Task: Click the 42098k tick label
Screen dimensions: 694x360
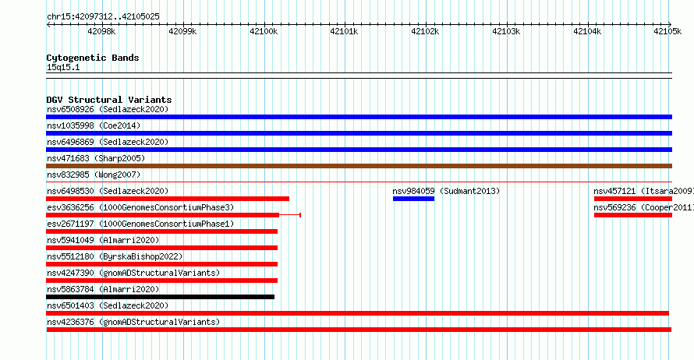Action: [101, 31]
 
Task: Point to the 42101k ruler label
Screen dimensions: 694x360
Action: [344, 31]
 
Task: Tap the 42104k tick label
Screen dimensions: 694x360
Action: [587, 31]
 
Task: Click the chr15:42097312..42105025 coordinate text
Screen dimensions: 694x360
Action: [103, 17]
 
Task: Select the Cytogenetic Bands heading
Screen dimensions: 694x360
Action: [93, 58]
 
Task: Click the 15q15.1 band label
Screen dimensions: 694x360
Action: [63, 67]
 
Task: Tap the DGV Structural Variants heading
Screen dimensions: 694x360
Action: [109, 100]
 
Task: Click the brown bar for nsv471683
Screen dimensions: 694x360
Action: [359, 166]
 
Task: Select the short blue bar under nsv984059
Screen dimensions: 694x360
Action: [413, 199]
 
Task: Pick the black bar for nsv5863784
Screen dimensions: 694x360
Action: [160, 297]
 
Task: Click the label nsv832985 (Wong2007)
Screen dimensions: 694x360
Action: [94, 175]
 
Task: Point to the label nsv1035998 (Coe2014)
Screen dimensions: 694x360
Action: [94, 125]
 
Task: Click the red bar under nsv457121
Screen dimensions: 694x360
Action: [633, 199]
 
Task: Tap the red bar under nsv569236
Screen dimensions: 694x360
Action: [633, 215]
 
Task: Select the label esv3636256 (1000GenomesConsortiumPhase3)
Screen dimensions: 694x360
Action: [140, 207]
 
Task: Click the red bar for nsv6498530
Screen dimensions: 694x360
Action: [168, 199]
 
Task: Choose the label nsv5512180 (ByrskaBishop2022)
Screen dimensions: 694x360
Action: [115, 256]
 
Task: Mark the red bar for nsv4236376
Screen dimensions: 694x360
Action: [359, 330]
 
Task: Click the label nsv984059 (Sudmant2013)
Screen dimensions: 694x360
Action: [446, 191]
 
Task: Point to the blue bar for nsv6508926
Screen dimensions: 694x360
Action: [359, 117]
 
